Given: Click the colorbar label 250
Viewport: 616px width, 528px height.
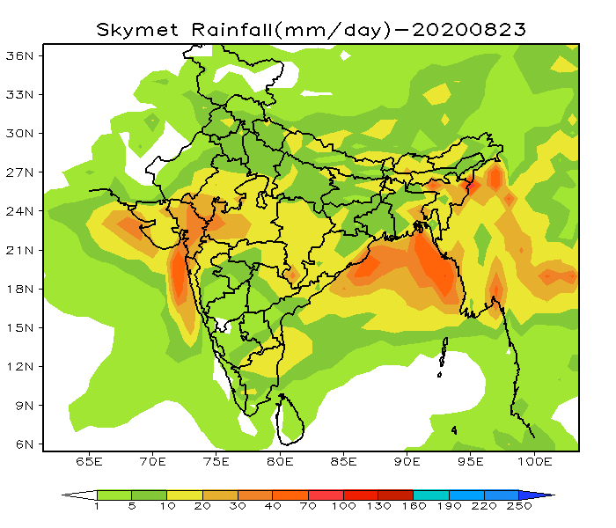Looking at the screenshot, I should tap(518, 508).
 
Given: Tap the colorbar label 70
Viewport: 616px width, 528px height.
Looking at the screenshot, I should tap(307, 508).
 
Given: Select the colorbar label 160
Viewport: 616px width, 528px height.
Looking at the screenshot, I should tap(413, 508).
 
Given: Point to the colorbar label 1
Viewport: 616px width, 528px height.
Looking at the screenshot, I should tap(97, 508).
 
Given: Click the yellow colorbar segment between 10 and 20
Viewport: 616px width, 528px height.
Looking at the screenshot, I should tap(185, 495).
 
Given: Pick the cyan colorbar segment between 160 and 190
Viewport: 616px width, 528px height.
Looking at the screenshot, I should tap(430, 495).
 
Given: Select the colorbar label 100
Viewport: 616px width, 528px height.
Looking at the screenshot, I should tap(342, 508).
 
